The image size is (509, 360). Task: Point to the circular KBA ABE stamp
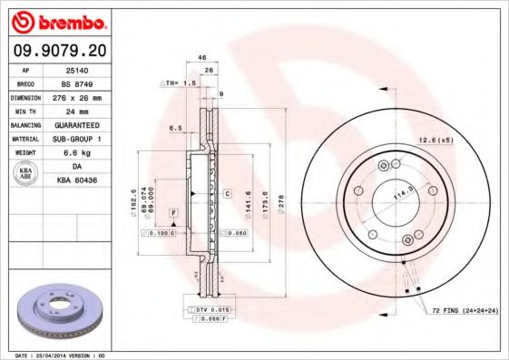pyautogui.click(x=26, y=173)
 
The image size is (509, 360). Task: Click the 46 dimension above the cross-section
pyautogui.click(x=202, y=57)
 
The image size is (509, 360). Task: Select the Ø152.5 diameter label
pyautogui.click(x=134, y=198)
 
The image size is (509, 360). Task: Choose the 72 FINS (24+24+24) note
pyautogui.click(x=464, y=311)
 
